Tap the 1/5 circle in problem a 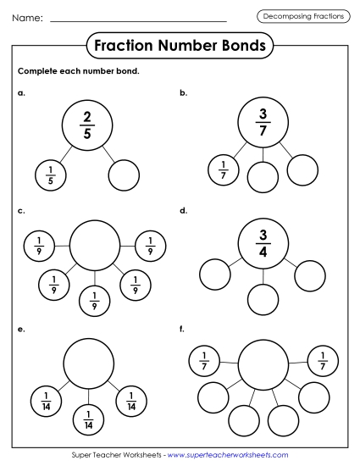coord(50,176)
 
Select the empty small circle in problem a coord(124,176)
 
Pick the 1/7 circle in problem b coord(224,170)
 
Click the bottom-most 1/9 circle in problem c coord(95,300)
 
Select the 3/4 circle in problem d coord(263,241)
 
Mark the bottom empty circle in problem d coord(263,299)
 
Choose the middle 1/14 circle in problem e coord(88,419)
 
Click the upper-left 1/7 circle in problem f coord(205,359)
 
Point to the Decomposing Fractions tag coord(303,17)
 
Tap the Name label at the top coord(27,18)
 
